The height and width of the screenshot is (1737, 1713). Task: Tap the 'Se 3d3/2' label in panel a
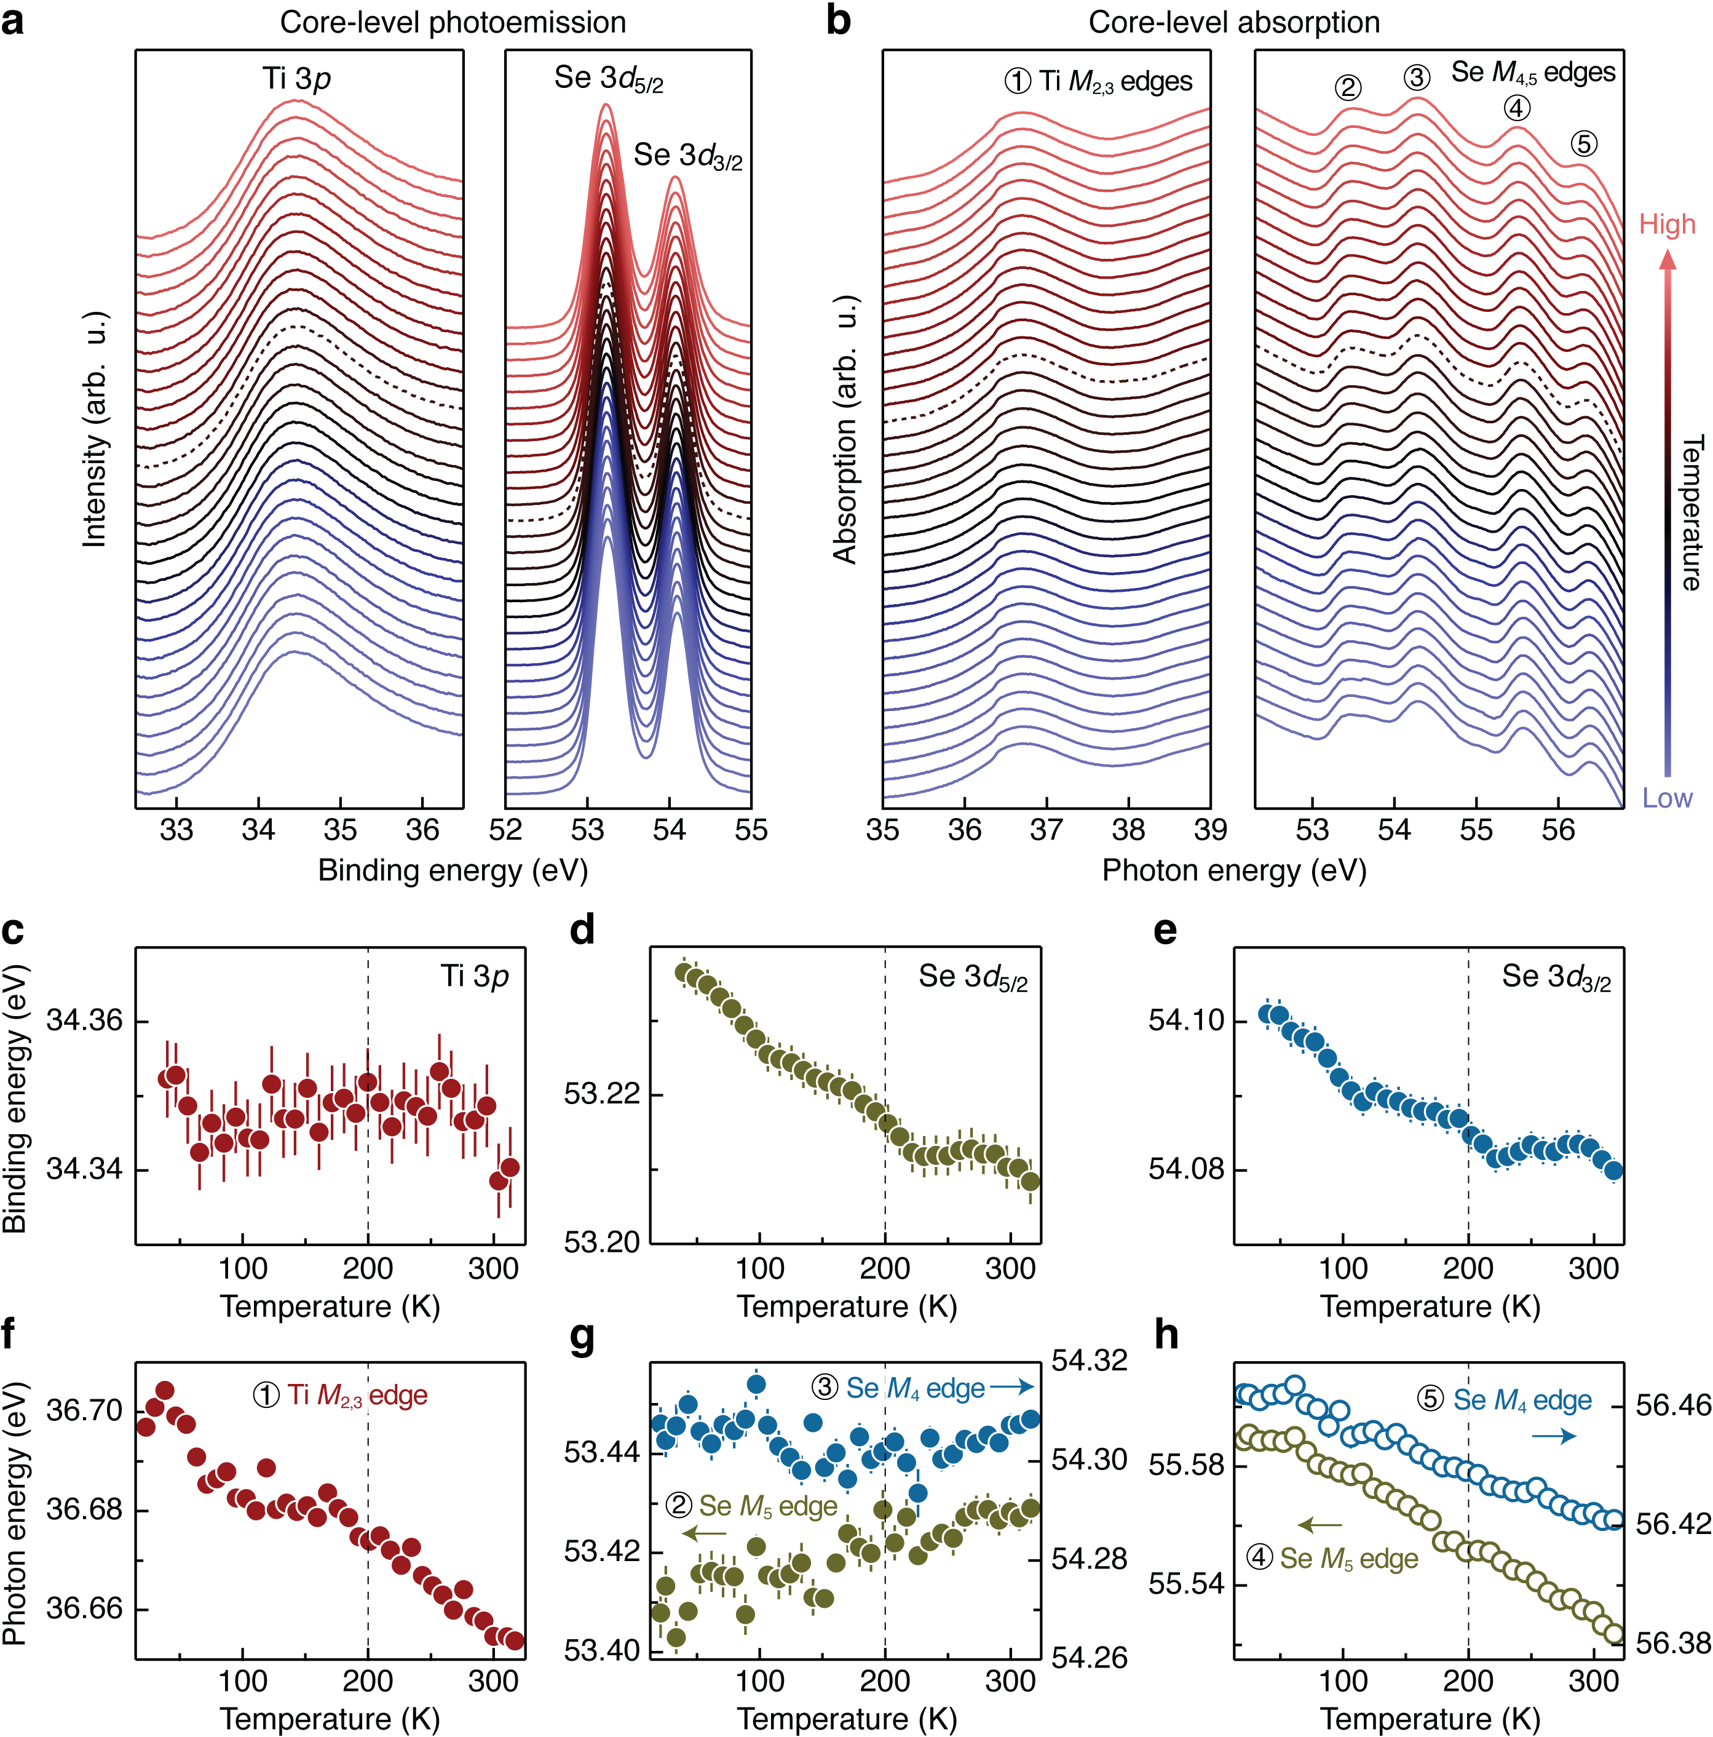coord(687,156)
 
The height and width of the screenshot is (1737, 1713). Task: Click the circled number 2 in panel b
coord(1347,87)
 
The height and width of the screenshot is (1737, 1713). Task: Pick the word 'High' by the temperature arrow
coord(1667,224)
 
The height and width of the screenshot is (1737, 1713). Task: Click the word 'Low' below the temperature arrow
coord(1667,798)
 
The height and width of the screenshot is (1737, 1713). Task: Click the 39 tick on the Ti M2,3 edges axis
coord(1209,829)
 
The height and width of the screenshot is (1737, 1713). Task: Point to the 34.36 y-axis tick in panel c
coord(84,1021)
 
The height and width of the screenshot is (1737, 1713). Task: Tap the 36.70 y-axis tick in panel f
coord(84,1410)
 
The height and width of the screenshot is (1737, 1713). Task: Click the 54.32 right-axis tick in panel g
coord(1090,1361)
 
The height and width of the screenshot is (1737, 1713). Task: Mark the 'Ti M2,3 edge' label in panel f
coord(341,1396)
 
